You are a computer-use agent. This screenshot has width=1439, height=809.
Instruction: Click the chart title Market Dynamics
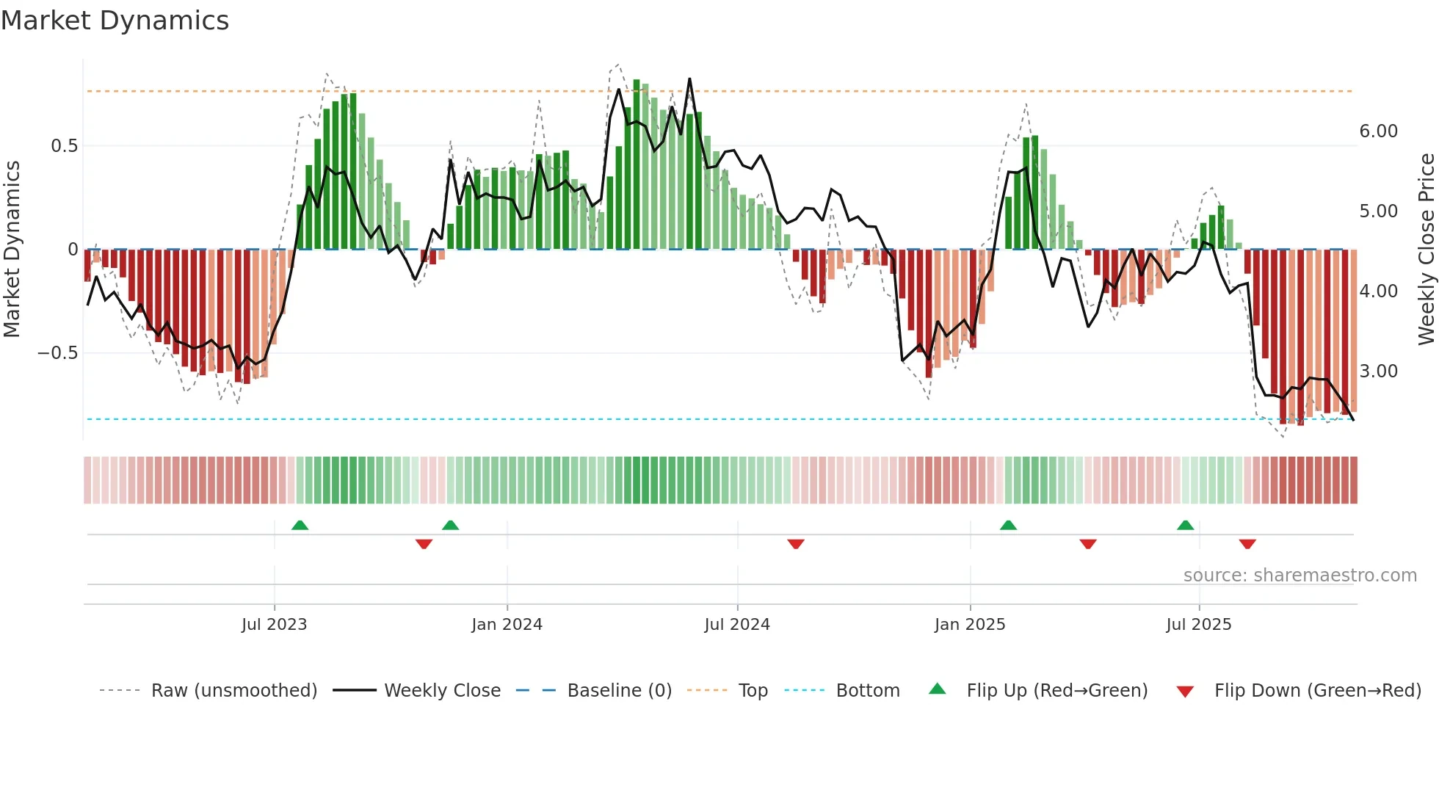tap(115, 21)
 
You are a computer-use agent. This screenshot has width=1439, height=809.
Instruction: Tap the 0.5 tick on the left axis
tap(65, 146)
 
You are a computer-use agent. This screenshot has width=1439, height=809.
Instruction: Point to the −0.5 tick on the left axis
tap(58, 353)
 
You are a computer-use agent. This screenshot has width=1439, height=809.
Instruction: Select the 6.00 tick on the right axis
tap(1378, 131)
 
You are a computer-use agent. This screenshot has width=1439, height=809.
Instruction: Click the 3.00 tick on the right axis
tap(1378, 371)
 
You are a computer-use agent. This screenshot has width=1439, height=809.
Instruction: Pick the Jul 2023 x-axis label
tap(274, 625)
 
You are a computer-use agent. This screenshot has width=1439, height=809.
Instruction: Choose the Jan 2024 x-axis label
tap(507, 625)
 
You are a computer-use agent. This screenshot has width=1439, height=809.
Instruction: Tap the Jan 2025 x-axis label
tap(969, 625)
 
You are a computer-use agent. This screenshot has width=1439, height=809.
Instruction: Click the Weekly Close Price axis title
tap(1426, 250)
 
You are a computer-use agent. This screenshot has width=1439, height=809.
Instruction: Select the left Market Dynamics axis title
tap(12, 250)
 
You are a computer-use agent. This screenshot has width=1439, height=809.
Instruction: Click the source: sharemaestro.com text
tap(1300, 576)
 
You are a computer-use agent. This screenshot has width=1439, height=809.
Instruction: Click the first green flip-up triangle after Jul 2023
tap(300, 525)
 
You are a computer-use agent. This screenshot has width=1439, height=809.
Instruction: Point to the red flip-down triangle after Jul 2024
tap(796, 544)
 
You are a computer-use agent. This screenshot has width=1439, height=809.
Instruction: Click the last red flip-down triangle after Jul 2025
tap(1247, 544)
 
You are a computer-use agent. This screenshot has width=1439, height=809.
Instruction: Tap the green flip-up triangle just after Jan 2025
tap(1008, 525)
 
